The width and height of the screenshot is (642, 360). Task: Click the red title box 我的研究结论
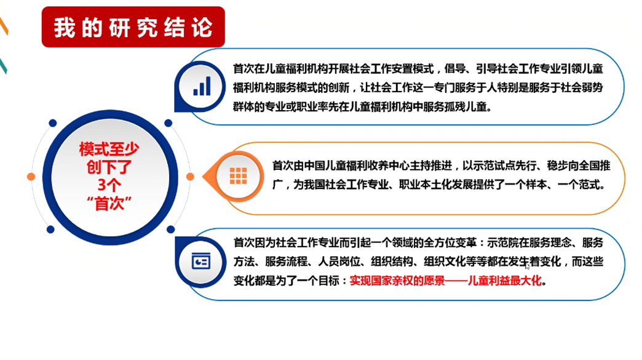(133, 27)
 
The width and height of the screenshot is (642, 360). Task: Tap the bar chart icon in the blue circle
(202, 86)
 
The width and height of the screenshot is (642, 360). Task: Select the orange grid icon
(238, 176)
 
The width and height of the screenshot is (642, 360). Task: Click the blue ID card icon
(201, 261)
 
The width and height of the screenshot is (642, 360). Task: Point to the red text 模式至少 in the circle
(109, 149)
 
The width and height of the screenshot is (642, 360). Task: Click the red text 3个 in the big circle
(109, 185)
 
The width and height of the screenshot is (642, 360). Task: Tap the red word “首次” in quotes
(109, 204)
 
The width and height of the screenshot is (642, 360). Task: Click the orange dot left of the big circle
(31, 177)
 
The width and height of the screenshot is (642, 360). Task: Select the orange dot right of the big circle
(190, 177)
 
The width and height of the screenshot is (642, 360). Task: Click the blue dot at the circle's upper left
(53, 123)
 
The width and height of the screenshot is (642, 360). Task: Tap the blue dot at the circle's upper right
(168, 123)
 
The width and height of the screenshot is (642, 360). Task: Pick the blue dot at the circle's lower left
(50, 230)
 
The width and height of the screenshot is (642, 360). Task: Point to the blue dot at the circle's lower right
(171, 230)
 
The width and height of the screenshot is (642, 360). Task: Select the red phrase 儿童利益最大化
(504, 281)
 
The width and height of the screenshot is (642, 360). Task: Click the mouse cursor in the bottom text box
(528, 266)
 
